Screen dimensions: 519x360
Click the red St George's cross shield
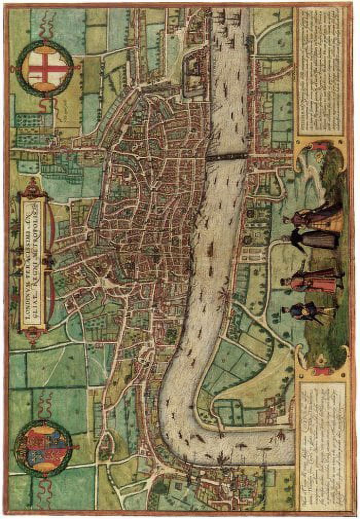pos(48,68)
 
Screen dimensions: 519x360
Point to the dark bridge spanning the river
pos(227,157)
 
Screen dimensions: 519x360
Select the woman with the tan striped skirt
pos(321,218)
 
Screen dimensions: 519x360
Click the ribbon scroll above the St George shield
pos(47,23)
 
